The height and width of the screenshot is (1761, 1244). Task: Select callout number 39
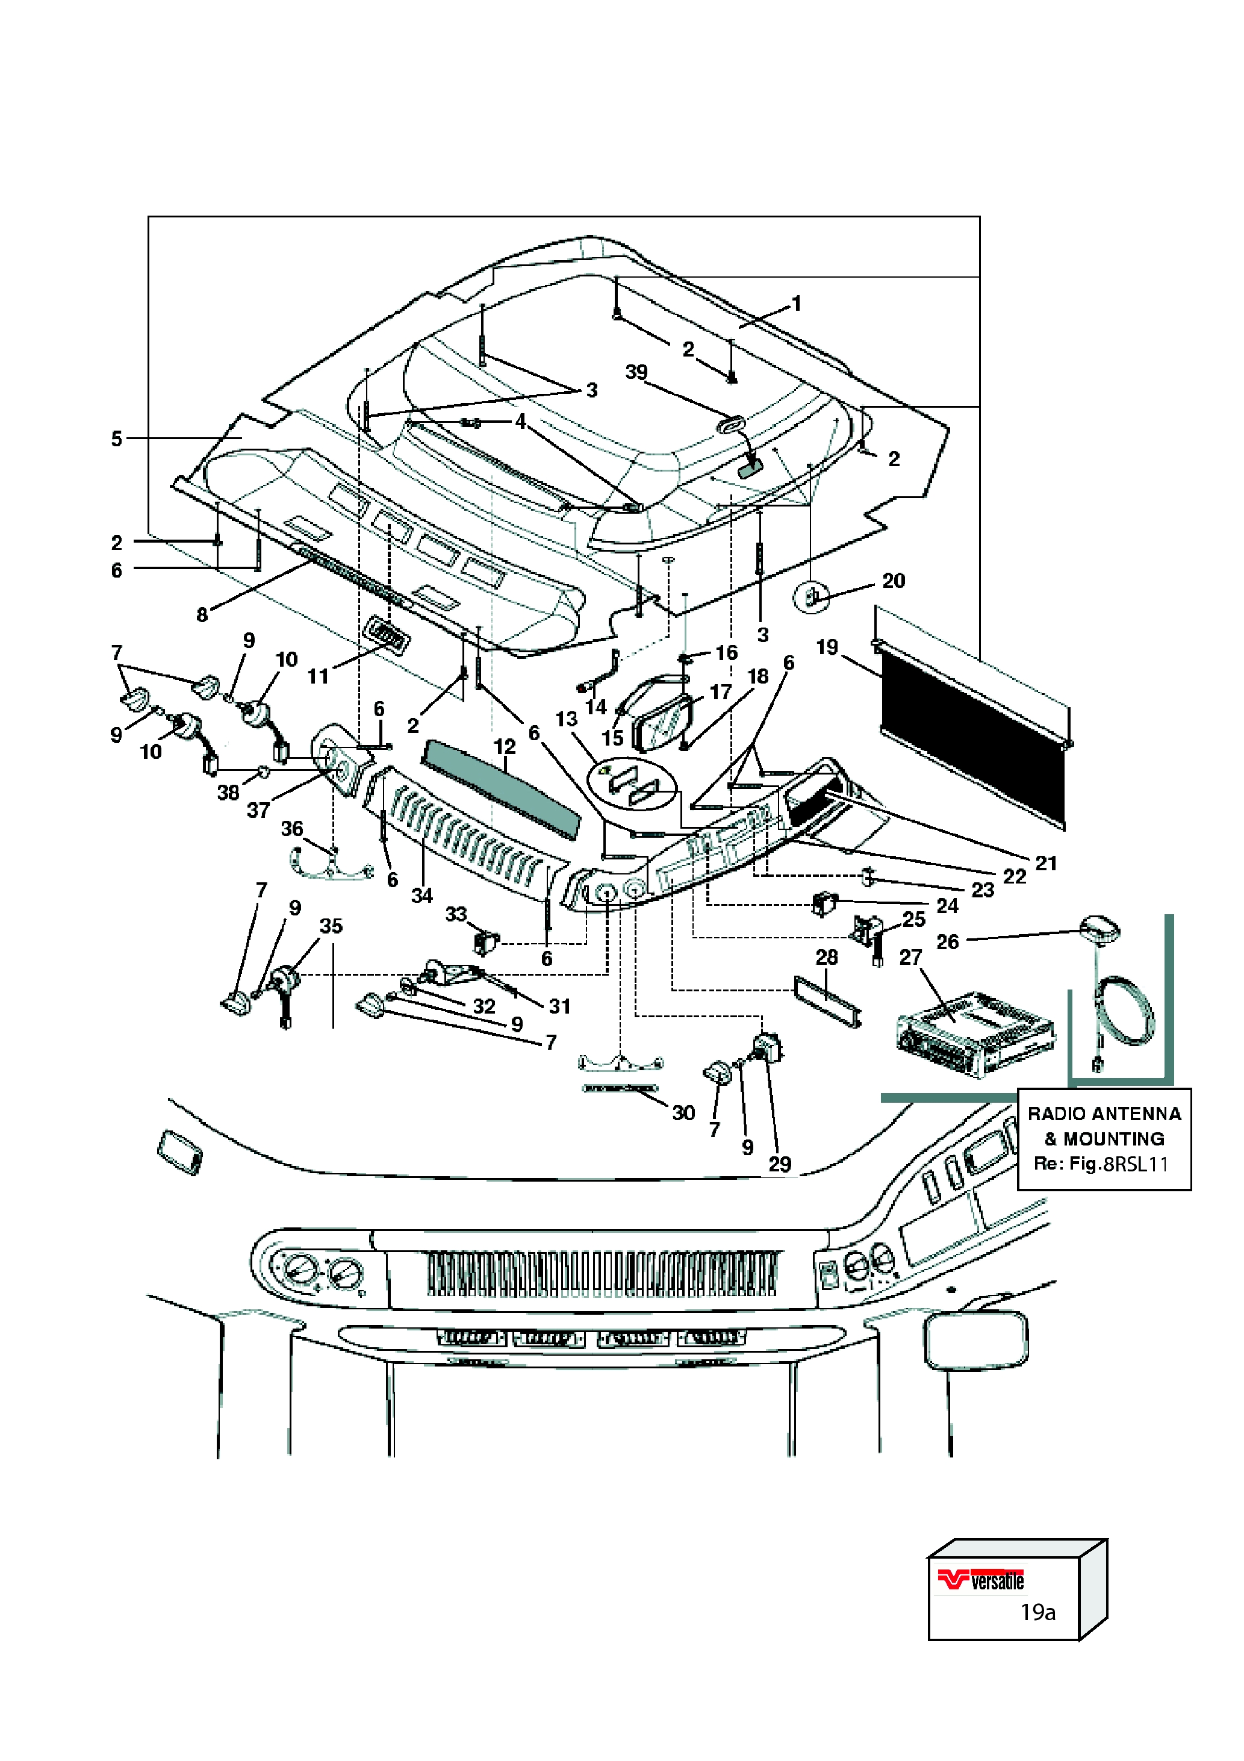tap(636, 372)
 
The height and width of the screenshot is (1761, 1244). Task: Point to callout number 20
tap(894, 581)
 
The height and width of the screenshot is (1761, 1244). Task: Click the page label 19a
tap(1037, 1612)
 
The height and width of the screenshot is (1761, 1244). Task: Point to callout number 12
tap(505, 746)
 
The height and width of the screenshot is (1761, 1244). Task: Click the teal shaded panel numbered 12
tap(502, 790)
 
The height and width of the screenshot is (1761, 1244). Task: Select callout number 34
tap(422, 895)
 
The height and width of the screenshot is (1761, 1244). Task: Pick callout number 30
tap(683, 1112)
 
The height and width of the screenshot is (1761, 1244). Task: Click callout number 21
tap(1046, 864)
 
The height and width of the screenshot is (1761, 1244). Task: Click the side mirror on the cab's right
tap(976, 1341)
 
